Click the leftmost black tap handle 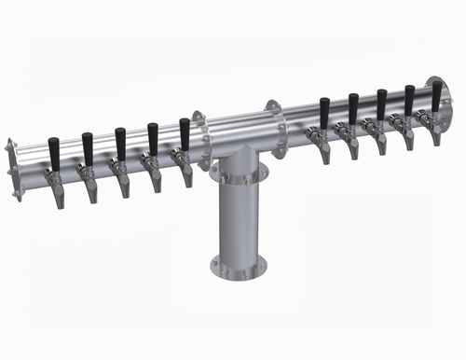pos(54,153)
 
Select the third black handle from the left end pos(120,143)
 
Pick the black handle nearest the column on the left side pos(185,133)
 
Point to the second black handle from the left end pos(88,148)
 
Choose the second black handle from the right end pos(408,100)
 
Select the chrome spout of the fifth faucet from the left pos(187,173)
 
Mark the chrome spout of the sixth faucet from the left pos(323,151)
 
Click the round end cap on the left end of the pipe pos(10,169)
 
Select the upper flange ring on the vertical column pos(238,173)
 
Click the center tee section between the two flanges pos(239,135)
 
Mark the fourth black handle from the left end pos(153,138)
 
